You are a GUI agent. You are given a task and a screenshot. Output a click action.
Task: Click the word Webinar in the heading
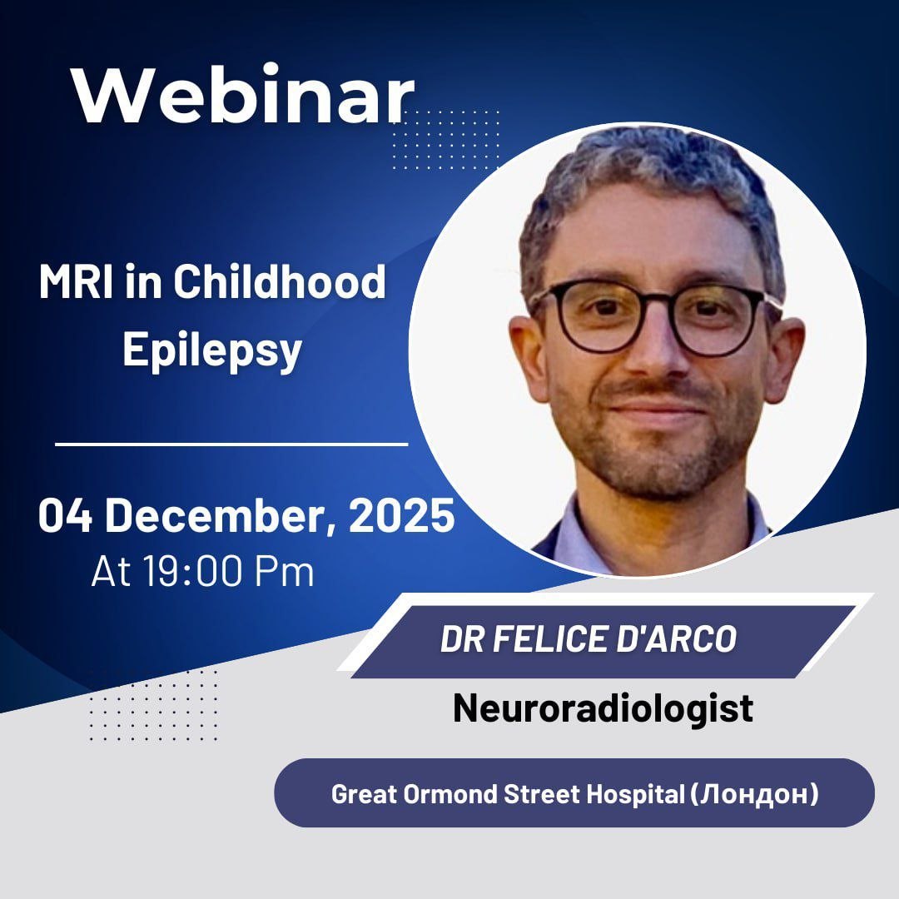(243, 95)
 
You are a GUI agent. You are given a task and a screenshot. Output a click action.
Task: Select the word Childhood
(280, 281)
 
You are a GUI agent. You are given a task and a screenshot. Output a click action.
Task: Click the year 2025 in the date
(402, 515)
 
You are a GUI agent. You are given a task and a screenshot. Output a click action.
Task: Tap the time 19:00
(192, 571)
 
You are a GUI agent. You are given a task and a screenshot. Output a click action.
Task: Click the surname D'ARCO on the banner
(677, 638)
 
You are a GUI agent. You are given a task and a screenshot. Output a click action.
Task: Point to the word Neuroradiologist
(603, 708)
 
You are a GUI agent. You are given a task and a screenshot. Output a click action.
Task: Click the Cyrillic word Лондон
(754, 794)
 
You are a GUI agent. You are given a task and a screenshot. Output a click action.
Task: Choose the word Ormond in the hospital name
(450, 794)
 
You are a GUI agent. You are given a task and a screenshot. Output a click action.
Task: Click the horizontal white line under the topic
(231, 444)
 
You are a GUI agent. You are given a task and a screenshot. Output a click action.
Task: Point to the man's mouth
(657, 409)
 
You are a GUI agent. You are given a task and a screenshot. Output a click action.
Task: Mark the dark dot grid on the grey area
(154, 705)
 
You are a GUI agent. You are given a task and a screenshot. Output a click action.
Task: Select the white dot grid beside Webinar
(446, 141)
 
